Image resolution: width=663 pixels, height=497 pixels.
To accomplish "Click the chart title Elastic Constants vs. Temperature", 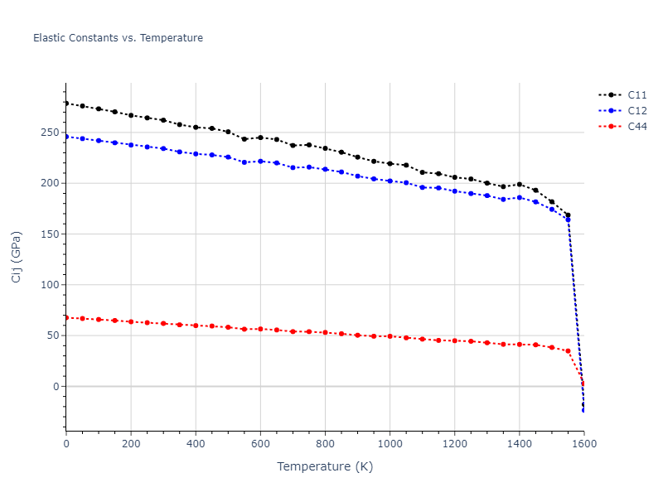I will [118, 38].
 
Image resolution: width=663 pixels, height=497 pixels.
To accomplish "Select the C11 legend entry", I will [636, 95].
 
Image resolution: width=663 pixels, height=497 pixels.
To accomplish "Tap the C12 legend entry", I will [636, 111].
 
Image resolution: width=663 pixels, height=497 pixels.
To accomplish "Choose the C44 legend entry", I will [636, 127].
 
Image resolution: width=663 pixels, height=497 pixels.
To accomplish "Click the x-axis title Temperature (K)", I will [325, 466].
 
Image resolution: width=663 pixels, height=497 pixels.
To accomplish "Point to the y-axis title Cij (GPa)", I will [17, 257].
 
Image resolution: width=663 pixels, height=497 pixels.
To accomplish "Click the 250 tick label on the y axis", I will [51, 133].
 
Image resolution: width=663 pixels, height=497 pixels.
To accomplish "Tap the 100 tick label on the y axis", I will [51, 285].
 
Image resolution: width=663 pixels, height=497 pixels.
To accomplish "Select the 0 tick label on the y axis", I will [56, 387].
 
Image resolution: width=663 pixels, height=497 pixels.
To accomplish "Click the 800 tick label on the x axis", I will [325, 444].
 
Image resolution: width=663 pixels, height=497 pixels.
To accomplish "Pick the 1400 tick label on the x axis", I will [520, 444].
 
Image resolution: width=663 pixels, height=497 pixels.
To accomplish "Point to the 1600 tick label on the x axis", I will [583, 444].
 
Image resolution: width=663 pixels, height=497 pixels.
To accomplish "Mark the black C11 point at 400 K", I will [196, 127].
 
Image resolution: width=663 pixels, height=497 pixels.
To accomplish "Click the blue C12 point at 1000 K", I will [390, 181].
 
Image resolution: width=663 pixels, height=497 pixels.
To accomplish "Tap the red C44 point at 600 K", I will [260, 329].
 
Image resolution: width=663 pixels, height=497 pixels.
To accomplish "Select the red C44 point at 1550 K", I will [568, 351].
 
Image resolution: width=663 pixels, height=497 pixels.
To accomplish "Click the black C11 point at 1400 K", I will [520, 185].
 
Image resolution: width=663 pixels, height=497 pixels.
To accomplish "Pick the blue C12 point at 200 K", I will [131, 145].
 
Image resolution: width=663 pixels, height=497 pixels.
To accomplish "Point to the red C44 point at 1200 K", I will [455, 340].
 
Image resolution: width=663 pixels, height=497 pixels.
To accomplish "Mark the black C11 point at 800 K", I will [325, 148].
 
